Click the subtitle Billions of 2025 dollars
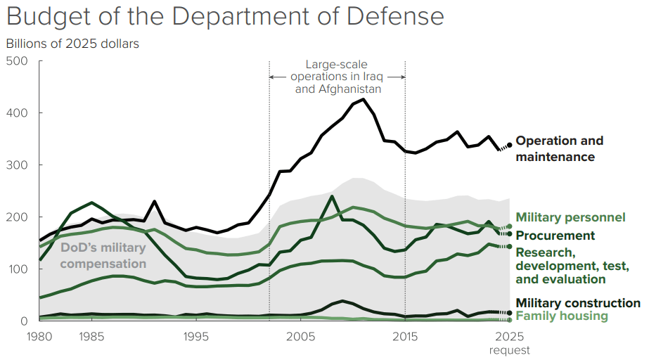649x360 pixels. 72,44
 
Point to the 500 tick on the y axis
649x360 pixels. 17,61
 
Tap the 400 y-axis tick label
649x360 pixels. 17,113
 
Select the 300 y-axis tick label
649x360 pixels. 17,165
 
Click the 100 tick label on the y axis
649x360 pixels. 17,269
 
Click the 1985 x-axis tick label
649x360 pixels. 89,335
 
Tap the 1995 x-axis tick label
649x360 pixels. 195,335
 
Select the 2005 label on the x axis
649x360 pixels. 301,335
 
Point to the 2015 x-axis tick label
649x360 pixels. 406,335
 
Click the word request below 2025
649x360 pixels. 510,349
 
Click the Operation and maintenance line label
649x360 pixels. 559,148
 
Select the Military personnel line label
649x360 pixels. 570,217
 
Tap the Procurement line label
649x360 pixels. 555,236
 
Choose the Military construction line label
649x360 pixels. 578,303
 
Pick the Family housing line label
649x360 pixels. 562,316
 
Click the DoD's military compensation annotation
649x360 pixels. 103,255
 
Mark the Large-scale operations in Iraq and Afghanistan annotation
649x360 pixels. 338,77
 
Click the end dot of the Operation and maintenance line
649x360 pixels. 510,145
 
